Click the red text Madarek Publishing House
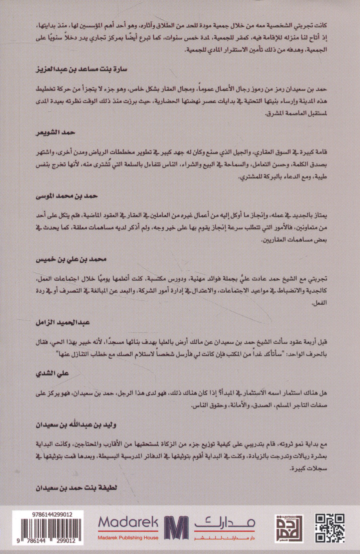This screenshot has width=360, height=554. tap(128, 538)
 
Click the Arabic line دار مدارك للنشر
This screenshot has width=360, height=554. tap(225, 538)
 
